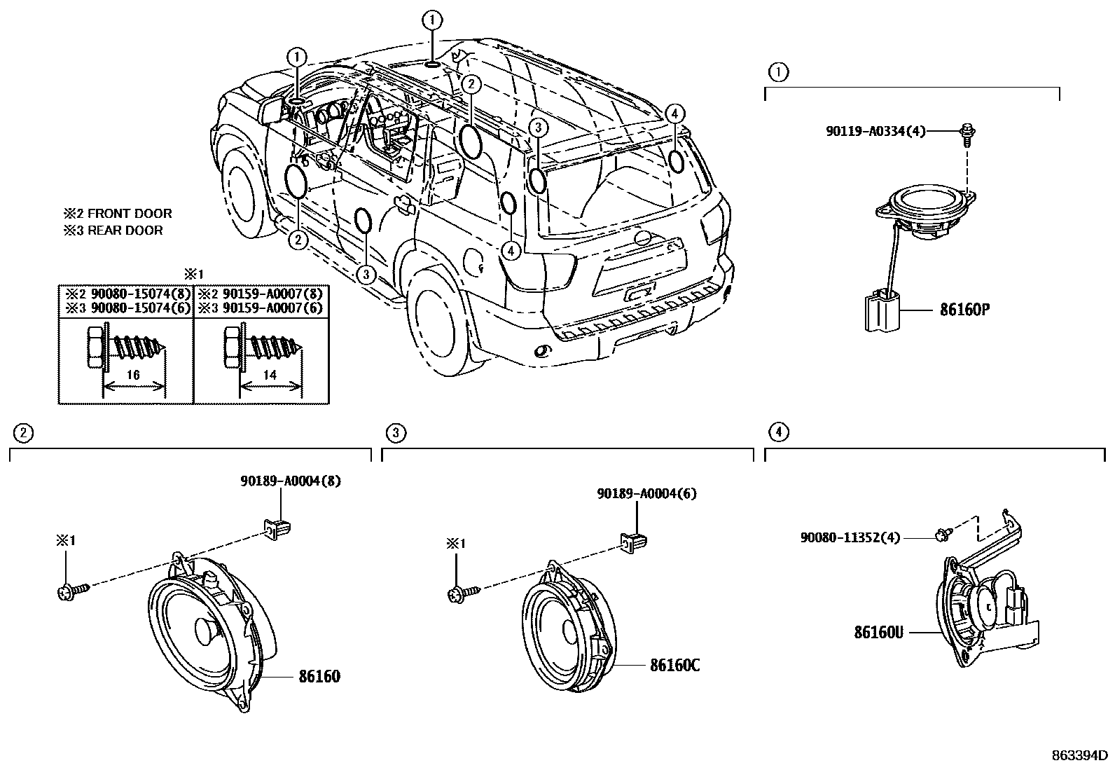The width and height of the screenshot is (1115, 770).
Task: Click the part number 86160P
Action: point(964,309)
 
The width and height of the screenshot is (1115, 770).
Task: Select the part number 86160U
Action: point(878,632)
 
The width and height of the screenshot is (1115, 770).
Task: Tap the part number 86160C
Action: point(674,665)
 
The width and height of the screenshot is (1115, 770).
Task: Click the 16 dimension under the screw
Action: point(133,375)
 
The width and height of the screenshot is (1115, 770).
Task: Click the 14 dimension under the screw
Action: point(270,375)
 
